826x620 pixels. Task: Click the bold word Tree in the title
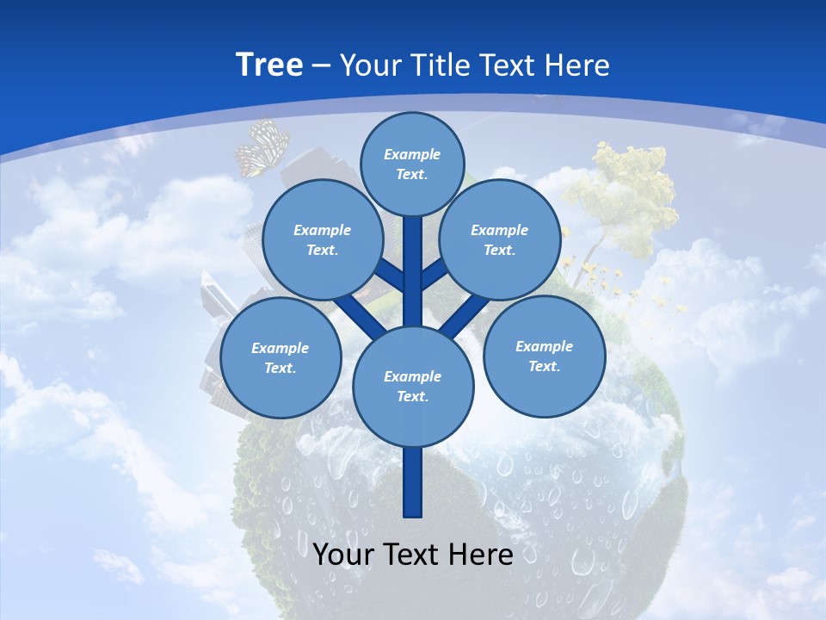pos(269,65)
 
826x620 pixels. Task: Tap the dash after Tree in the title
pos(321,66)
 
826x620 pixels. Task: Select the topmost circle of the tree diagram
pos(412,164)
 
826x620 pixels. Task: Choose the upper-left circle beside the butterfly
pos(322,239)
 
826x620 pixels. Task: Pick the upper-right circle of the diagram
pos(499,239)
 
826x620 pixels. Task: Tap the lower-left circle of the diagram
pos(280,357)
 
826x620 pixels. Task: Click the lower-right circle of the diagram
pos(544,356)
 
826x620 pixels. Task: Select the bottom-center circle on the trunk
pos(413,386)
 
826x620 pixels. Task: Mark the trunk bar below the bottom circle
pos(413,482)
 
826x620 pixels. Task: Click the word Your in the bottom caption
pos(345,554)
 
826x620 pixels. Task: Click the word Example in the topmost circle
pos(412,154)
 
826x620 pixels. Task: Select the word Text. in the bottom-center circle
pos(412,396)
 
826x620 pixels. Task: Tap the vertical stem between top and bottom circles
pos(413,276)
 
